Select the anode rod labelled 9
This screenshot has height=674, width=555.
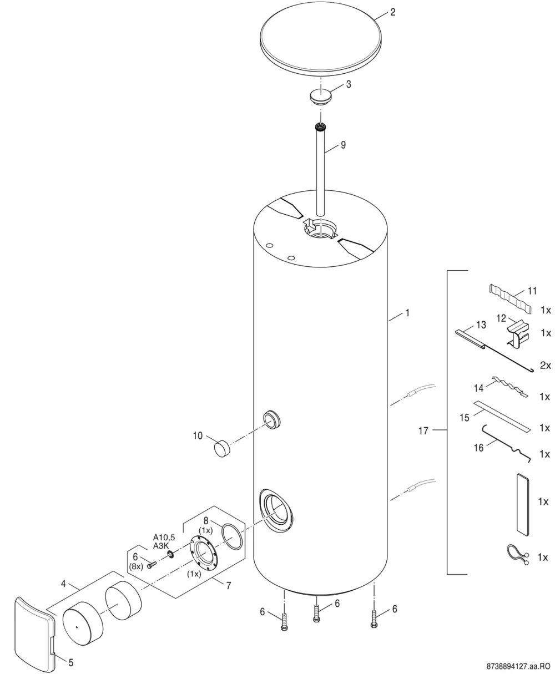click(x=320, y=169)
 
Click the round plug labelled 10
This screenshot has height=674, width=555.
click(x=222, y=448)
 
